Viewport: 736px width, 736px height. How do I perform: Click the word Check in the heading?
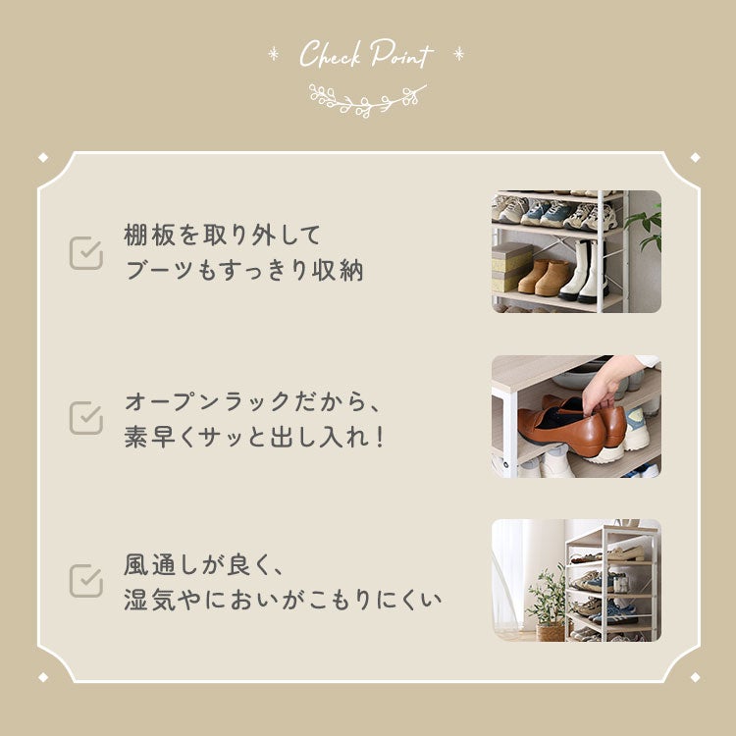pyautogui.click(x=330, y=54)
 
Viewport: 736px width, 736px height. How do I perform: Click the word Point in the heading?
pyautogui.click(x=401, y=54)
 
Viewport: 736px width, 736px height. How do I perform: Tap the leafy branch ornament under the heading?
pyautogui.click(x=368, y=100)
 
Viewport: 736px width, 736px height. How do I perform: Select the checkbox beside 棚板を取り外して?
pyautogui.click(x=86, y=253)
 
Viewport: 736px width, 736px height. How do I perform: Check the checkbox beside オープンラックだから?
pyautogui.click(x=86, y=418)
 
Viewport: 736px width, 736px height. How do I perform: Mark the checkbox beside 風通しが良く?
pyautogui.click(x=86, y=581)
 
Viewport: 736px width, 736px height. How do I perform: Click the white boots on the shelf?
pyautogui.click(x=585, y=271)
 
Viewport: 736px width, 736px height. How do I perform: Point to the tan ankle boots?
pyautogui.click(x=545, y=277)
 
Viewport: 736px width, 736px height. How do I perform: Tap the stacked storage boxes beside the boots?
pyautogui.click(x=510, y=267)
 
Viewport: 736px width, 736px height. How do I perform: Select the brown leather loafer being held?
pyautogui.click(x=561, y=425)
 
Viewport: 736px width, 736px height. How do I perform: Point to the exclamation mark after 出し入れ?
pyautogui.click(x=380, y=437)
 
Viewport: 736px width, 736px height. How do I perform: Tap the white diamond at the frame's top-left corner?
pyautogui.click(x=43, y=157)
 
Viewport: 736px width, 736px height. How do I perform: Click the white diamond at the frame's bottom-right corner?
pyautogui.click(x=695, y=677)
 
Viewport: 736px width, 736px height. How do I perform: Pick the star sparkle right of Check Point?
pyautogui.click(x=458, y=54)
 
